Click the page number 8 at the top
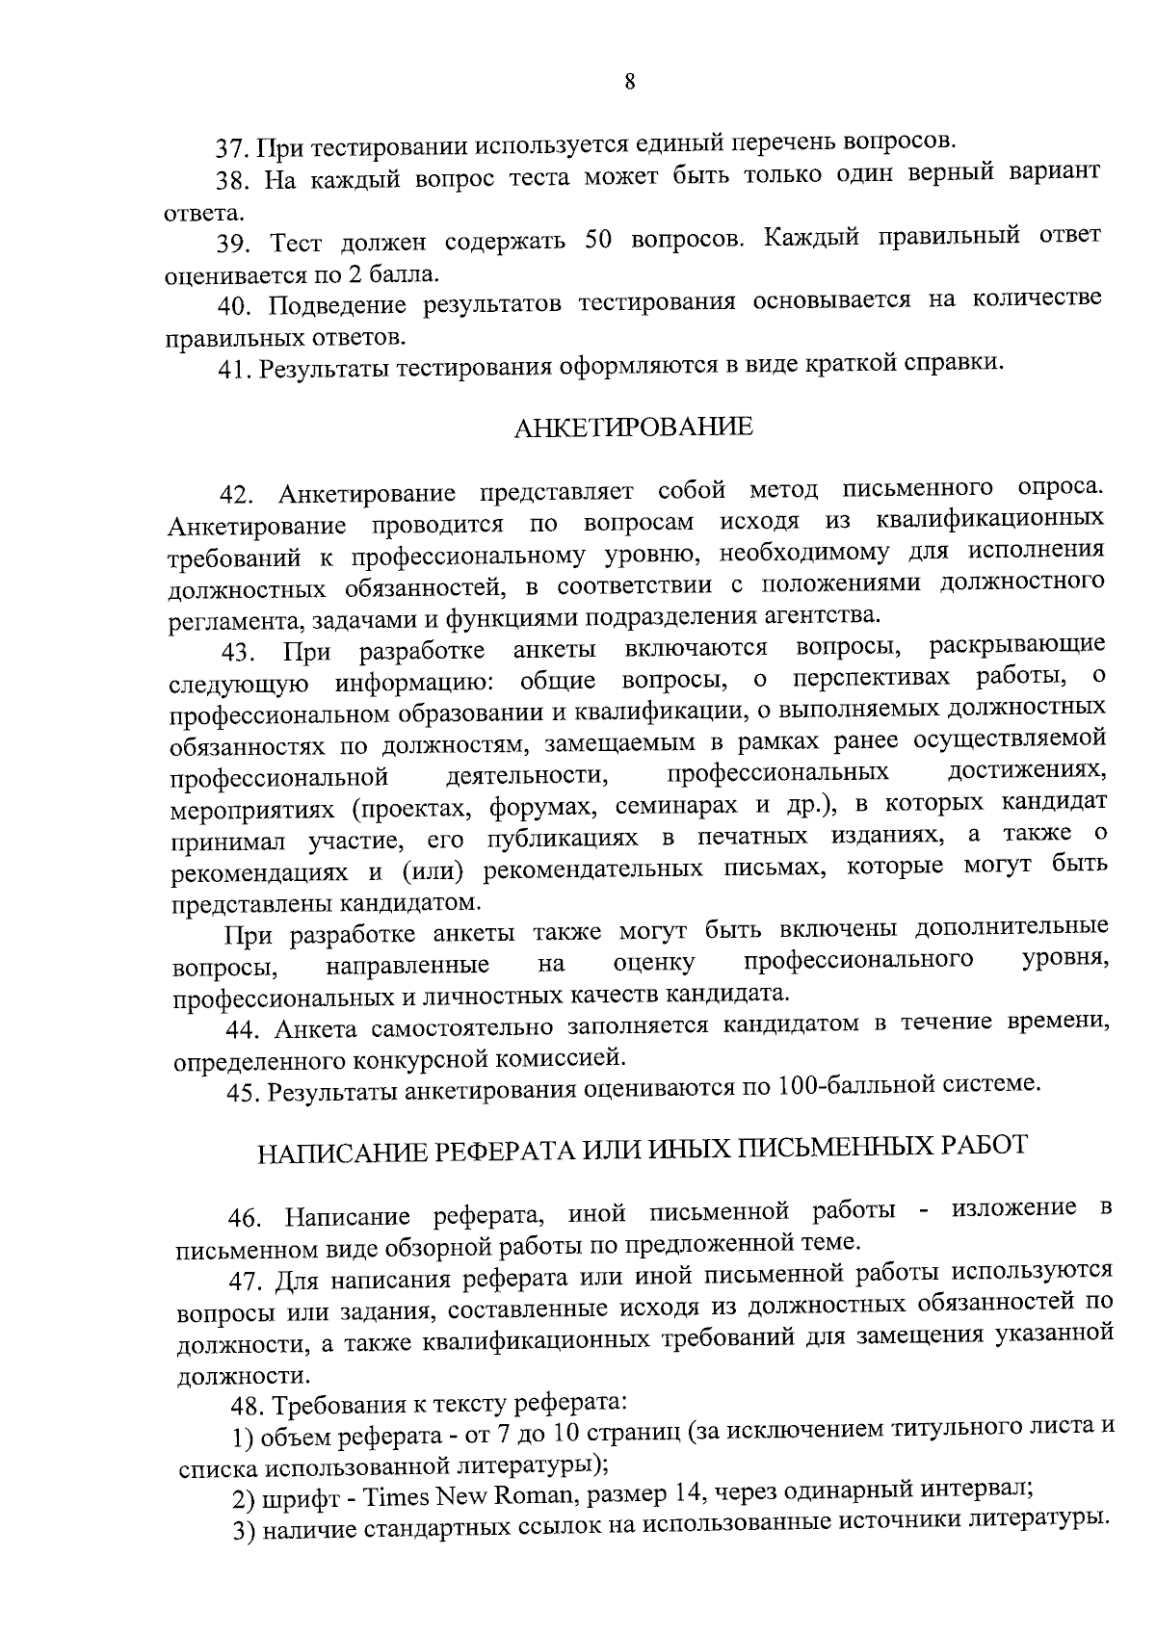pyautogui.click(x=629, y=83)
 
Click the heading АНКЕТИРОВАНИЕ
pyautogui.click(x=633, y=428)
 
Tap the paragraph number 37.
pyautogui.click(x=234, y=149)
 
